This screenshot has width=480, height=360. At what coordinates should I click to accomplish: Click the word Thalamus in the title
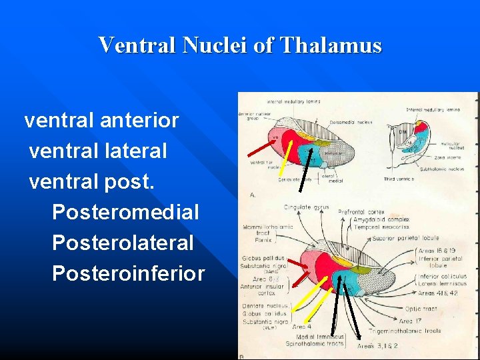coord(331,45)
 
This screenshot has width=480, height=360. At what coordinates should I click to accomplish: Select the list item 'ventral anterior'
coord(101,121)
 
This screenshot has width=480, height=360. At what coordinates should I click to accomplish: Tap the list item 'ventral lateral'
coord(98,151)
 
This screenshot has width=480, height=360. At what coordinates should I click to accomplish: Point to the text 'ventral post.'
coord(91,182)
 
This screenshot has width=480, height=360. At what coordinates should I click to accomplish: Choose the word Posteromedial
coord(125,213)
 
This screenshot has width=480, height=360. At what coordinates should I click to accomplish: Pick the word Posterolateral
coord(123,243)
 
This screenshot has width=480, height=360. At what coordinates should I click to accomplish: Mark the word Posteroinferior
coord(128,273)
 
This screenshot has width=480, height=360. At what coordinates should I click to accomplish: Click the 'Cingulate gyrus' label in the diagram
coord(307,207)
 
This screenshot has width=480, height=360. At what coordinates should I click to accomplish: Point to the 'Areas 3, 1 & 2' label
coord(377,347)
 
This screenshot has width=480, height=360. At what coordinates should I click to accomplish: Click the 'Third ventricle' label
coord(399,179)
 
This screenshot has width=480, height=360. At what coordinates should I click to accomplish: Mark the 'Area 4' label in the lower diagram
coord(301,327)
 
